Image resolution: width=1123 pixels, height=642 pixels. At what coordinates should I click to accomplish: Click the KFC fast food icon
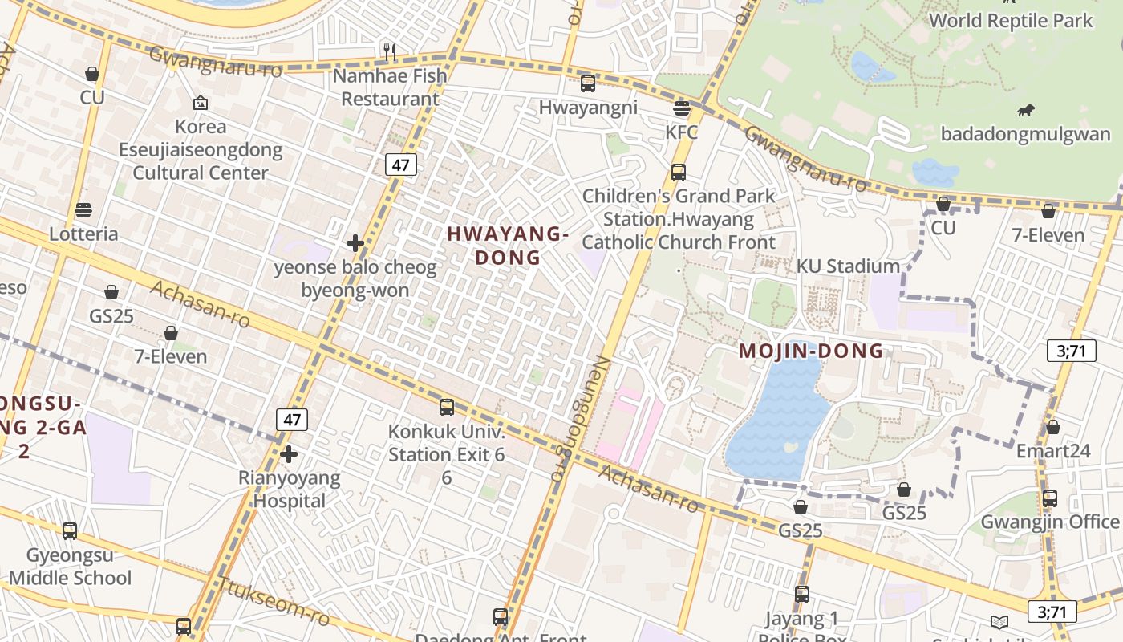pyautogui.click(x=682, y=108)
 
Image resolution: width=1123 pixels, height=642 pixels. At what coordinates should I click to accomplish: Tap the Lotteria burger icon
pyautogui.click(x=83, y=210)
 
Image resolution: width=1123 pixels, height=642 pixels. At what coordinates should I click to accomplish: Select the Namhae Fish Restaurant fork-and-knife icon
pyautogui.click(x=390, y=52)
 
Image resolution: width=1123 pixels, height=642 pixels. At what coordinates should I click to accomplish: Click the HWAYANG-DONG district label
pyautogui.click(x=508, y=246)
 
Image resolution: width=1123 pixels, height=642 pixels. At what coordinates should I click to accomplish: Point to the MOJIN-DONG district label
pyautogui.click(x=811, y=351)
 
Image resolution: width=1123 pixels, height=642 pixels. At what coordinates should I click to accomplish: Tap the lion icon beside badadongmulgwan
pyautogui.click(x=1025, y=110)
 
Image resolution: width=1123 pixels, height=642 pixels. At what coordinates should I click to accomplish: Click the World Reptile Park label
pyautogui.click(x=1011, y=21)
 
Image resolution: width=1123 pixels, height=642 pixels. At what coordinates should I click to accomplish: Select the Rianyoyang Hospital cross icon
pyautogui.click(x=289, y=454)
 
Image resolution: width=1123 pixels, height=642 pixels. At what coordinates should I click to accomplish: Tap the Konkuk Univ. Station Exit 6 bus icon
pyautogui.click(x=447, y=408)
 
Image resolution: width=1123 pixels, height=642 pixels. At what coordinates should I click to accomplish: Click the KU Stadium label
pyautogui.click(x=848, y=266)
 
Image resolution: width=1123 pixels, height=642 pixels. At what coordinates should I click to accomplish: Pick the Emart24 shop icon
pyautogui.click(x=1052, y=427)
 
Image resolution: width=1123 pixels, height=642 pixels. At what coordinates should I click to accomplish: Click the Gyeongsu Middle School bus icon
pyautogui.click(x=70, y=530)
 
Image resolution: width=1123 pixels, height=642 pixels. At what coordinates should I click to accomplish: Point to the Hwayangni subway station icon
pyautogui.click(x=588, y=83)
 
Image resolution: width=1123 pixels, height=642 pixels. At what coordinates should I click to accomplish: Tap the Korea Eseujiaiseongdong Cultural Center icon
pyautogui.click(x=201, y=103)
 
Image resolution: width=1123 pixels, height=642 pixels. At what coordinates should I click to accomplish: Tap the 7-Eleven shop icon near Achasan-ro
pyautogui.click(x=170, y=333)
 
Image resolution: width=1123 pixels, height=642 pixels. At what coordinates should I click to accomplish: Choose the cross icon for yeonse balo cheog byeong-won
pyautogui.click(x=355, y=243)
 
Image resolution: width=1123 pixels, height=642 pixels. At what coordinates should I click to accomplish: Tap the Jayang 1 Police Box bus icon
pyautogui.click(x=801, y=595)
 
